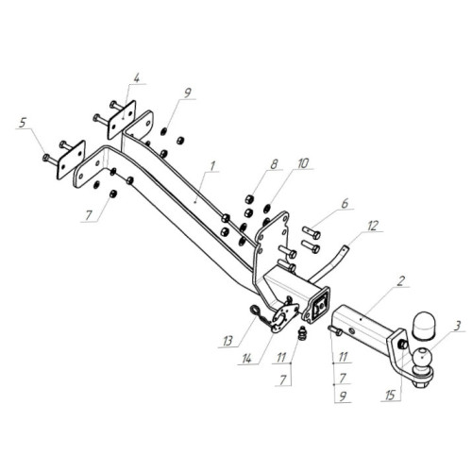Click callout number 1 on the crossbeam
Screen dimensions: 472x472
click(x=212, y=166)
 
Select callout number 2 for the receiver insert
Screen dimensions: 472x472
click(x=400, y=281)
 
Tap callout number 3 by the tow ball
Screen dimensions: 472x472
click(x=458, y=326)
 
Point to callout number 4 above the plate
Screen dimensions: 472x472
click(x=136, y=78)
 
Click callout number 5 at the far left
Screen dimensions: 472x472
click(x=23, y=123)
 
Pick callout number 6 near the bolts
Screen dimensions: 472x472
click(x=345, y=203)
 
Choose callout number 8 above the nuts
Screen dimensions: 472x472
click(x=274, y=164)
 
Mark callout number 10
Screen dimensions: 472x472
click(x=303, y=163)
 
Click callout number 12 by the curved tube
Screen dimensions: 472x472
click(x=373, y=226)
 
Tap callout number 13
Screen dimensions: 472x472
click(x=228, y=341)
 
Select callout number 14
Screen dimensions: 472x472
click(x=247, y=358)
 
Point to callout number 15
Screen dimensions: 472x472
click(x=390, y=396)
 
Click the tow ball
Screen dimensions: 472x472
click(x=422, y=357)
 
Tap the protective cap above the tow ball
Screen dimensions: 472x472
click(x=422, y=326)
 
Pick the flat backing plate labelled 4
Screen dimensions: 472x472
click(x=122, y=120)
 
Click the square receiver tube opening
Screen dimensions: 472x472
click(x=320, y=305)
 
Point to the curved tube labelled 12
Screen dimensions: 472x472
click(x=329, y=262)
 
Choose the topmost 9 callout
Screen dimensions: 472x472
click(x=187, y=93)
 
